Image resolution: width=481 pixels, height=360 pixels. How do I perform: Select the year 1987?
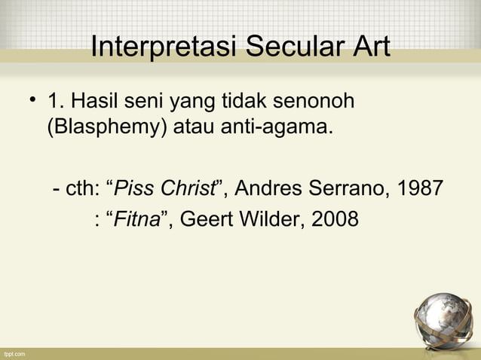pyautogui.click(x=419, y=187)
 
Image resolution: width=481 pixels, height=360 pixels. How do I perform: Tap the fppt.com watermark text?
pyautogui.click(x=14, y=353)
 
